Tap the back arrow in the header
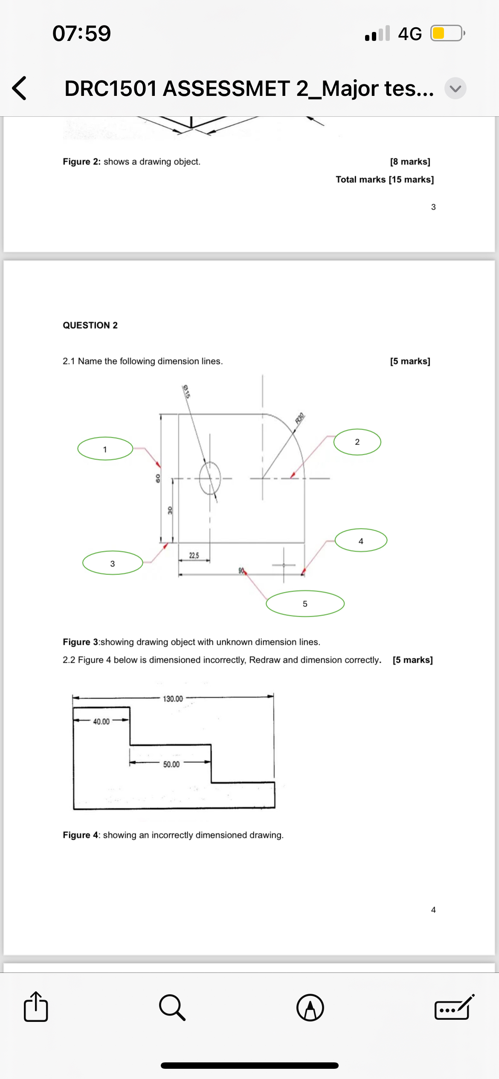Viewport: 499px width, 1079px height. click(x=20, y=88)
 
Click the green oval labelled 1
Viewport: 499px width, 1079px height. click(x=105, y=449)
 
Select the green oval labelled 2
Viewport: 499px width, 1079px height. click(x=357, y=442)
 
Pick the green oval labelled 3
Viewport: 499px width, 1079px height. click(x=113, y=563)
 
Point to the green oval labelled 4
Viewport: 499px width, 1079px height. click(x=361, y=540)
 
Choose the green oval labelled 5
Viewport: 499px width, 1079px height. click(x=305, y=603)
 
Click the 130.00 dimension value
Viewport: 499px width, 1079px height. click(x=173, y=699)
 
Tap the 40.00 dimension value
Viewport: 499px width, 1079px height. click(x=102, y=721)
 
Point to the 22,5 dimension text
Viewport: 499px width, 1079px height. click(x=194, y=555)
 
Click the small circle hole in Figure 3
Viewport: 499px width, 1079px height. click(x=210, y=478)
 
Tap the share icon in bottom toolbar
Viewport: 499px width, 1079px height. click(x=36, y=1007)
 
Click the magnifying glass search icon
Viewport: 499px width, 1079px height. click(x=172, y=1008)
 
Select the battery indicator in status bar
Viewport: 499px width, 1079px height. click(x=447, y=33)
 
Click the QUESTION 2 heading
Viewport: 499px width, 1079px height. click(x=90, y=325)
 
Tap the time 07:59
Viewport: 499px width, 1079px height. click(x=81, y=33)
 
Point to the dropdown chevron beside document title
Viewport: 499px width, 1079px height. click(x=455, y=88)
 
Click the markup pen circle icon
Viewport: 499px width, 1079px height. click(x=310, y=1008)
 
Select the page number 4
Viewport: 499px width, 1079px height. click(x=433, y=910)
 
